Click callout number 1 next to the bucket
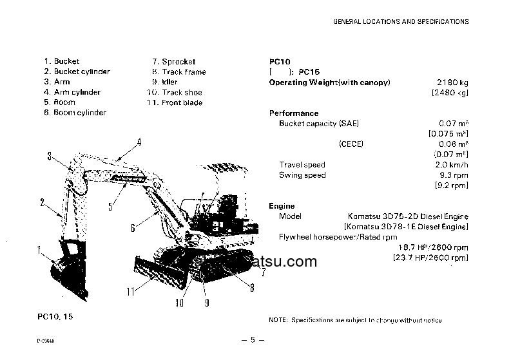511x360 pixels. pos(39,249)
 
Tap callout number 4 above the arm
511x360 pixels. pos(139,142)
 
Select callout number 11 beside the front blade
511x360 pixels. pos(131,292)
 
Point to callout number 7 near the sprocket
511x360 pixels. pos(263,272)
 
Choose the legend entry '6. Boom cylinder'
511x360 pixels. pos(75,113)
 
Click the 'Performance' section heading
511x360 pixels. pos(293,113)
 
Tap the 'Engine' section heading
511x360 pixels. pos(282,206)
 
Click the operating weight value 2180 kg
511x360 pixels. pos(452,82)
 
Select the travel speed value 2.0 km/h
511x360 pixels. pos(451,165)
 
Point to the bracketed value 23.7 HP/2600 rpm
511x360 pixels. pos(430,258)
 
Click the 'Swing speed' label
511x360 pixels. pos(302,175)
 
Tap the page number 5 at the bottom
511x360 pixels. pos(253,340)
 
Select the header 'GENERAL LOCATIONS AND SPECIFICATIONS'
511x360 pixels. pos(400,21)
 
